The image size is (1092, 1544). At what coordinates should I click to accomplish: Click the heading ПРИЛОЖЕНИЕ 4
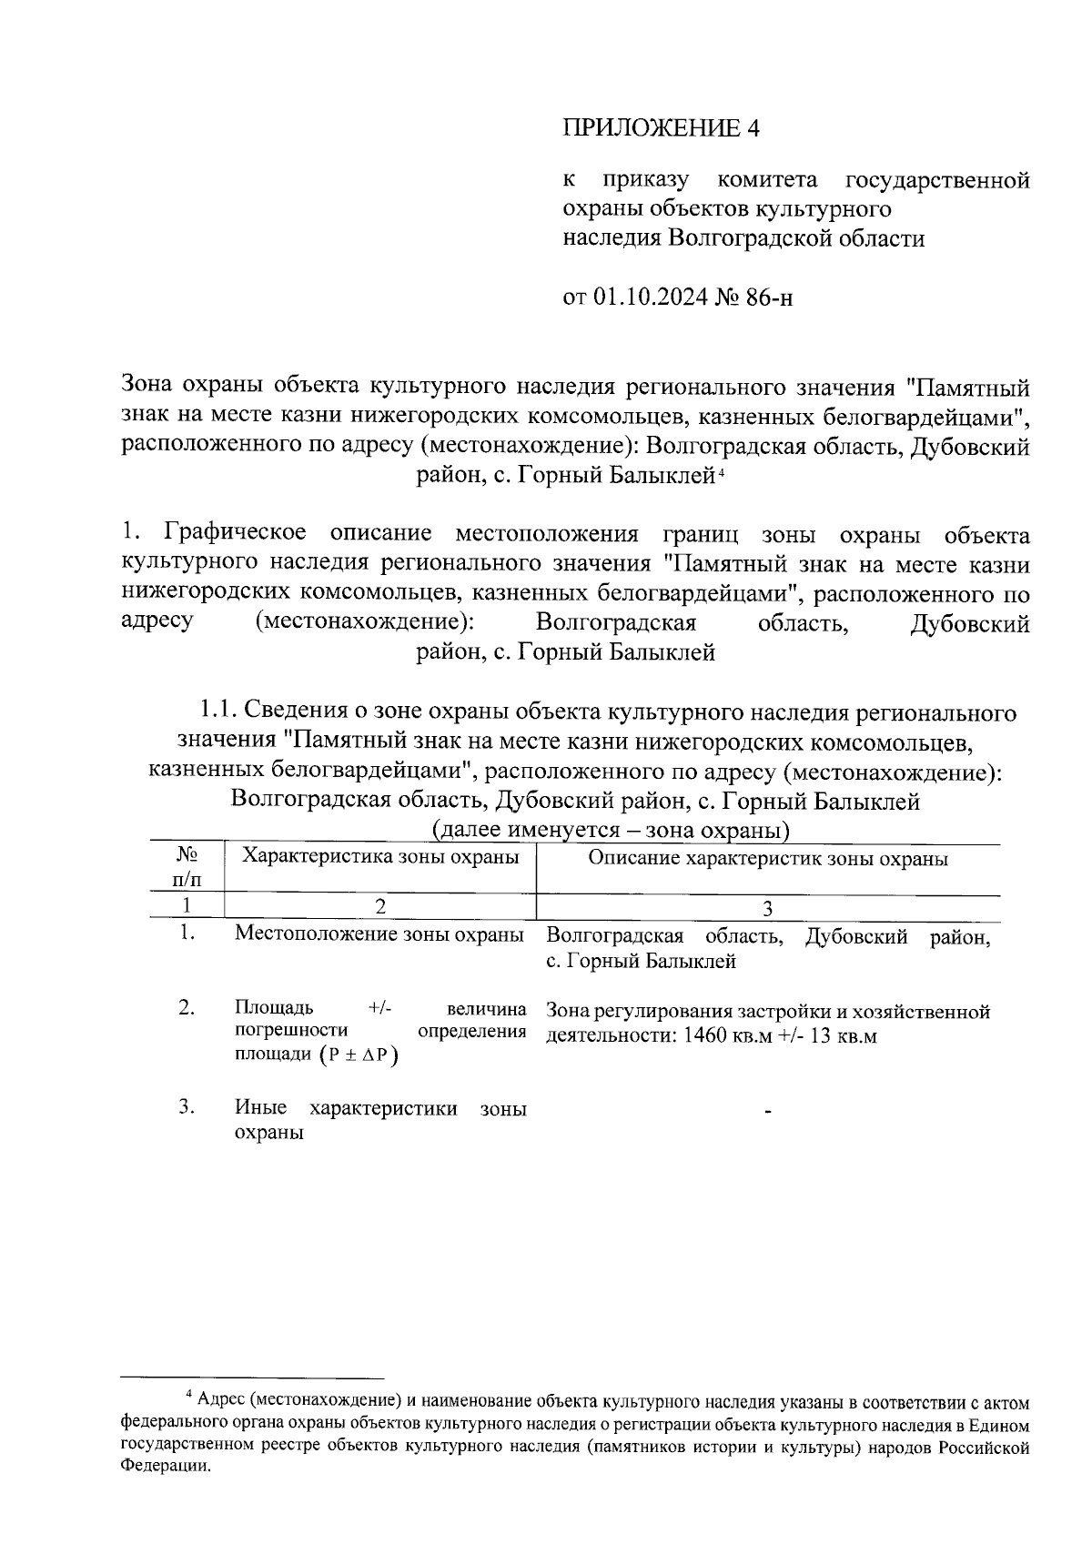click(x=661, y=128)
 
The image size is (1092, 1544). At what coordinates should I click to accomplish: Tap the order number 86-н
click(x=768, y=298)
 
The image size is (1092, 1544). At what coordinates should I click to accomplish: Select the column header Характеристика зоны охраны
click(x=379, y=857)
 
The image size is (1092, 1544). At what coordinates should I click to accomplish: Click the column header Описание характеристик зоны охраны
click(x=767, y=859)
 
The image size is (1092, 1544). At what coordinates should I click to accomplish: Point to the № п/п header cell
click(x=187, y=867)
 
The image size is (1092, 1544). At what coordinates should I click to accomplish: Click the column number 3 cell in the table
click(x=767, y=907)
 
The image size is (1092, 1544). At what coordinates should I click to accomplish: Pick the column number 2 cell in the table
click(x=379, y=906)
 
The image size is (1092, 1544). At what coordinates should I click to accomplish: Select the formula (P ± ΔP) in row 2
click(x=359, y=1055)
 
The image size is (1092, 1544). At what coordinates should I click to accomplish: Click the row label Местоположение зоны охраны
click(x=379, y=934)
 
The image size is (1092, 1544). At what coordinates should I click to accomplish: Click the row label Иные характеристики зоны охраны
click(x=379, y=1120)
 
